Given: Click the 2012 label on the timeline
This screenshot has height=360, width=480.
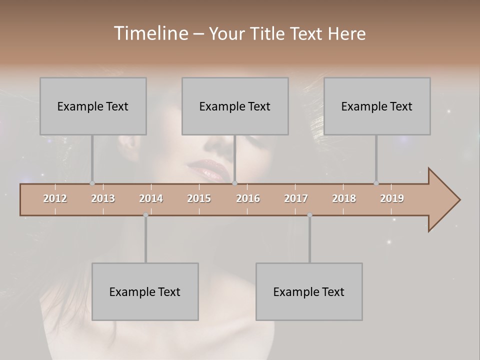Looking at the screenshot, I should pos(55,198).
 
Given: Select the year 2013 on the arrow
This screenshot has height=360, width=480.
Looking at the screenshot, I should pos(103,198).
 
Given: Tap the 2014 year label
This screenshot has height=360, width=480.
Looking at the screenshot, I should pos(151,198).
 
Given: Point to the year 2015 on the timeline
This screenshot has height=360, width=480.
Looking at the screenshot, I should pos(199,198).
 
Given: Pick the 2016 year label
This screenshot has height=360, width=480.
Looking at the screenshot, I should pos(248,198).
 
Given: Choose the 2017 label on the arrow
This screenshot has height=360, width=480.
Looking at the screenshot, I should pos(296,198).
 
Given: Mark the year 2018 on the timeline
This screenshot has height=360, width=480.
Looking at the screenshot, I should pos(344,198).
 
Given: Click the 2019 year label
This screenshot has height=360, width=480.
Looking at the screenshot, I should pos(392,198).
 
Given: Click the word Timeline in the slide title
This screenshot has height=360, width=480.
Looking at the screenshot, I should pos(150,33).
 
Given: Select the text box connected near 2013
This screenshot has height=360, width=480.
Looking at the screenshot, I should pos(93,106).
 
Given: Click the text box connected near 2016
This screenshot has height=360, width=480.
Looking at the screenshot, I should pos(235,106).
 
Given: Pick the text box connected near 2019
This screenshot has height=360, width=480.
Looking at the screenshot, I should pos(377,106).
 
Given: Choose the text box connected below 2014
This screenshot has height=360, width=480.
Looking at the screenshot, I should pos(145,291).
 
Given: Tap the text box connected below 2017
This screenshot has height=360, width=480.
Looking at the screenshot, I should pos(309,291).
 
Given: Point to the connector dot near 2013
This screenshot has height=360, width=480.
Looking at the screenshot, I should pos(92,183).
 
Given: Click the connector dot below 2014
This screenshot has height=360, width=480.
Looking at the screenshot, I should pos(145,215).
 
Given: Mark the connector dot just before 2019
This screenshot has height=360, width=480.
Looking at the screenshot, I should pos(376,183).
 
